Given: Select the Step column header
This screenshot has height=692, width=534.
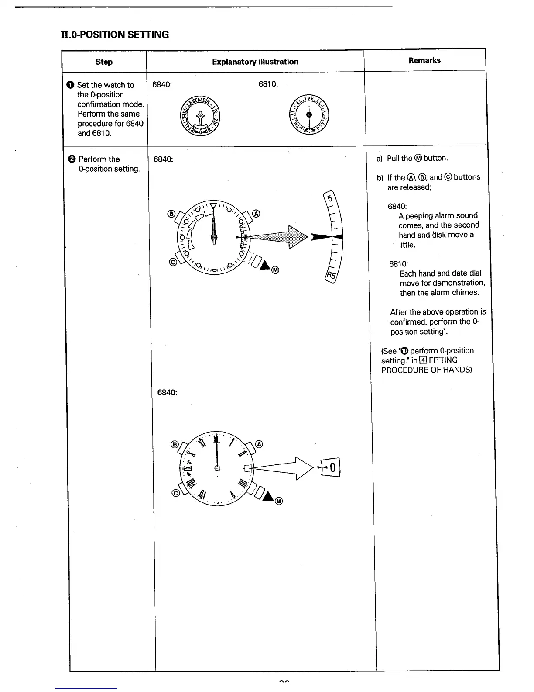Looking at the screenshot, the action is click(104, 62).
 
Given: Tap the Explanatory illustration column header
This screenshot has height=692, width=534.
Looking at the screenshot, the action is click(255, 62).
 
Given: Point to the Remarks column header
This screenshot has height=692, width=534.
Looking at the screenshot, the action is click(424, 60).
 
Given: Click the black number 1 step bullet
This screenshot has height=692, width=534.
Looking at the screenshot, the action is click(71, 85).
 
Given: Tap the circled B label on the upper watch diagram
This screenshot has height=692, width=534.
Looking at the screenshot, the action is click(171, 214).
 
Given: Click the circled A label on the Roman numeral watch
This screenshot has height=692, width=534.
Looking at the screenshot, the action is click(259, 444).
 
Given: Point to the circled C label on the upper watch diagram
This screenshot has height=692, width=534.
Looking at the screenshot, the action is click(173, 263).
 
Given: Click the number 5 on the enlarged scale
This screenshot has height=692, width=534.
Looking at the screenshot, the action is click(330, 199).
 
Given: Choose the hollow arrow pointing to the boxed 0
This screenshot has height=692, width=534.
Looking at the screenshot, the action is click(284, 468).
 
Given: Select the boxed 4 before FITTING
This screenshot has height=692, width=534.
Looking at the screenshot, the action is click(423, 360).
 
